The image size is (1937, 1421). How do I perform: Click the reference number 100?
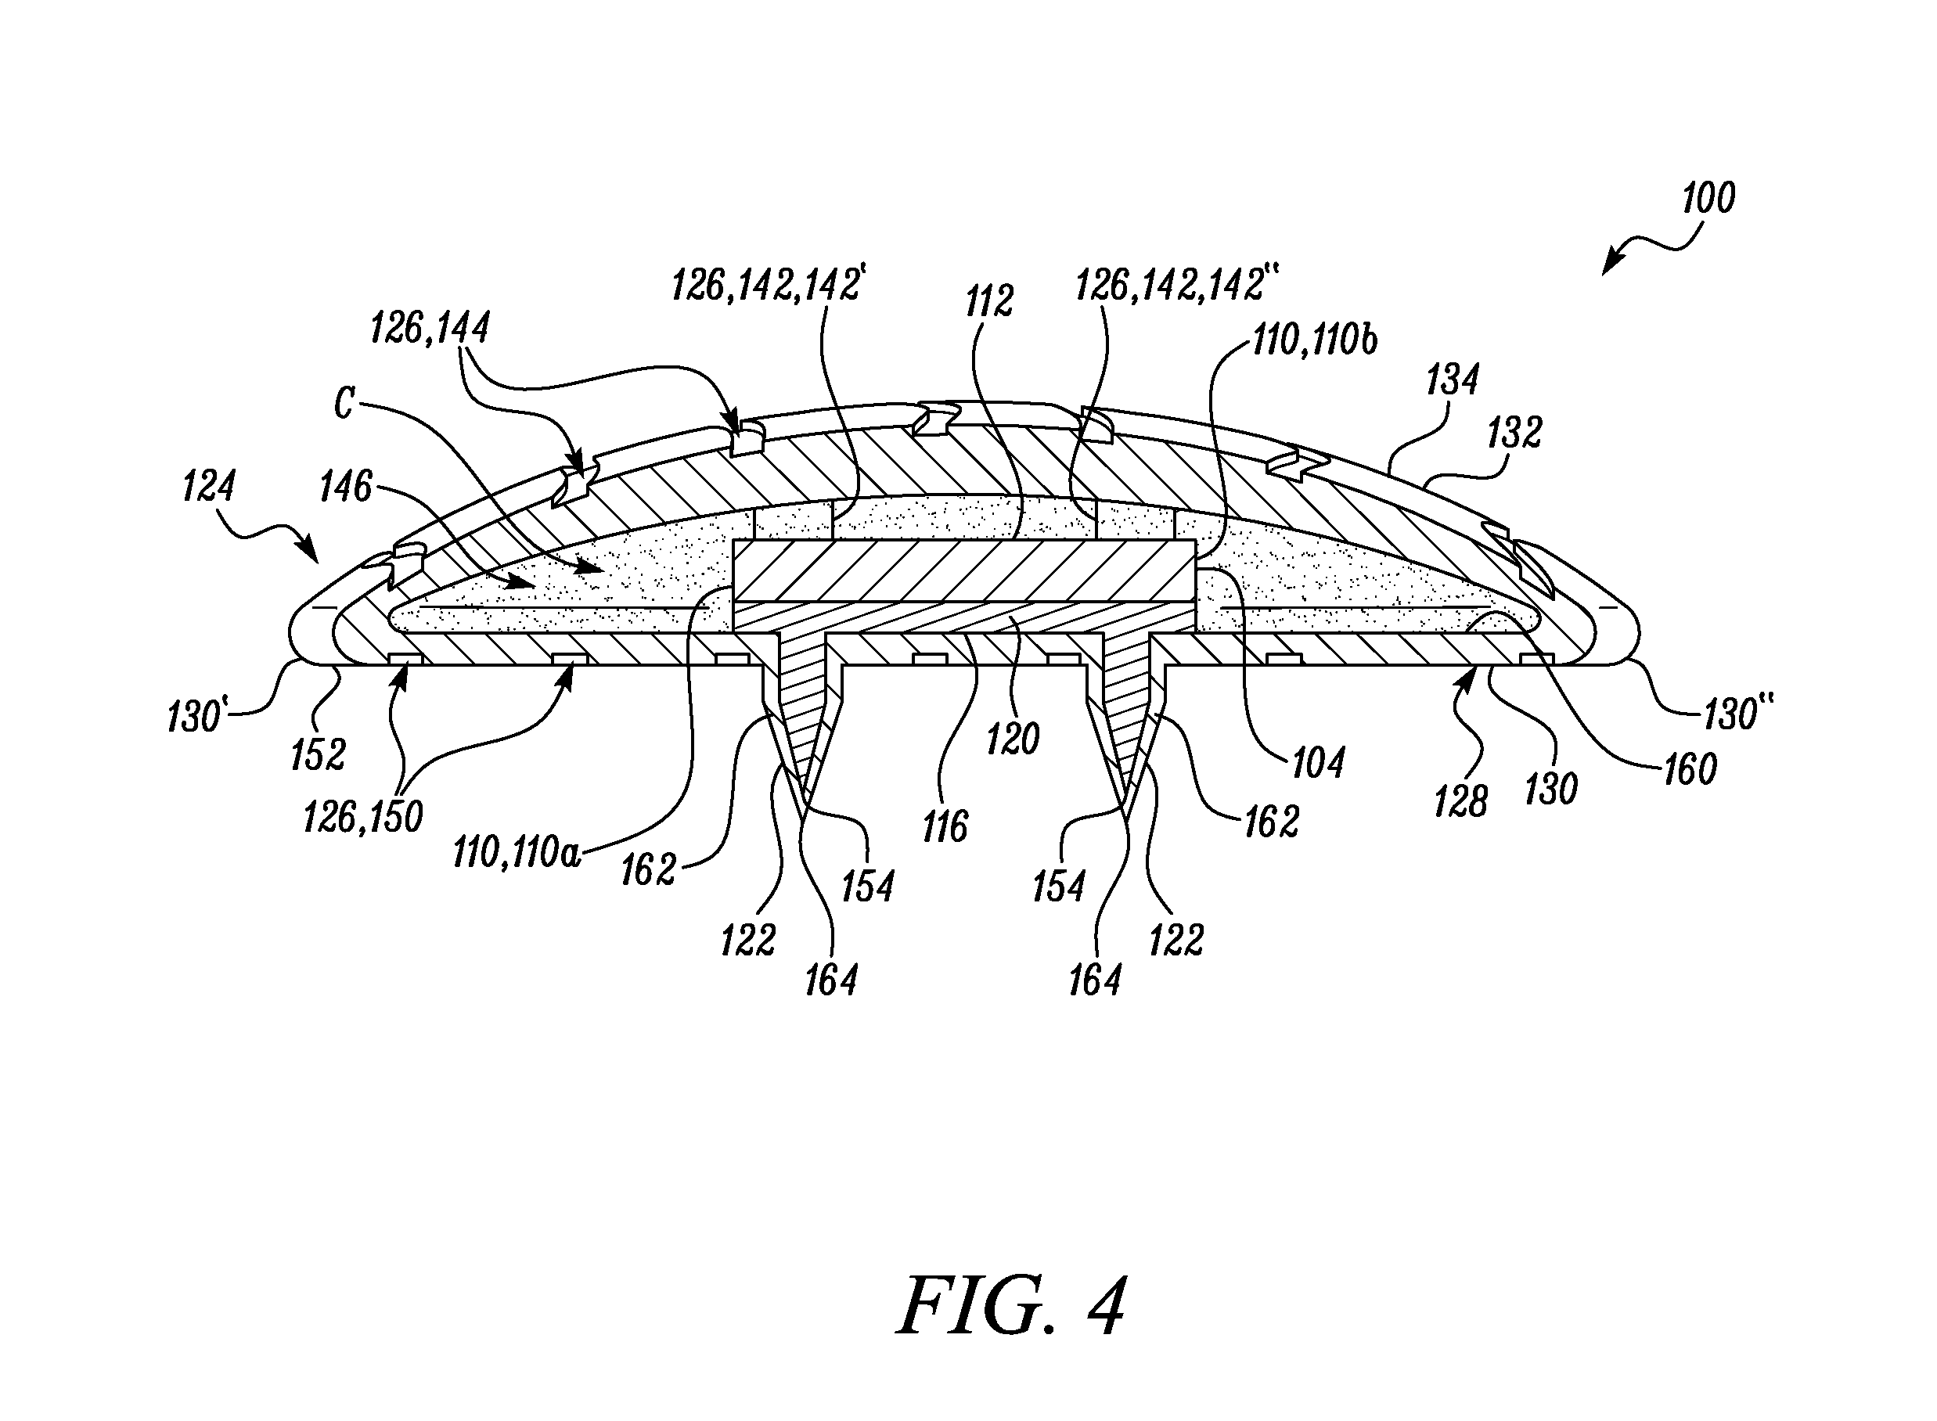coord(1708,198)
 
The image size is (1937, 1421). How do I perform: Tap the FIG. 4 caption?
coord(1011,1306)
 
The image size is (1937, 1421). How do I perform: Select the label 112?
coord(989,301)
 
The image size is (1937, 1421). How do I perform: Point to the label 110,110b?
coord(1314,340)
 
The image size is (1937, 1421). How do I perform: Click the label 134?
coord(1453,380)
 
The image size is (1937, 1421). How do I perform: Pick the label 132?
coord(1514,433)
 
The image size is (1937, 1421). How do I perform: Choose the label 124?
coord(209,487)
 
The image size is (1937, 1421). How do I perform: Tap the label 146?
coord(346,487)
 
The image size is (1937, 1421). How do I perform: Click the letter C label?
coord(344,404)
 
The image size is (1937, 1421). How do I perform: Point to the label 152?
coord(319,755)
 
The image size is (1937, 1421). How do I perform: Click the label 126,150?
coord(363,816)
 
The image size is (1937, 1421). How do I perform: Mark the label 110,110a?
coord(518,852)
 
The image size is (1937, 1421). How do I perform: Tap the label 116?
coord(945,826)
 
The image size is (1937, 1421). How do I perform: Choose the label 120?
coord(1014,739)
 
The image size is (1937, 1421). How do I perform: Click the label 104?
coord(1319,762)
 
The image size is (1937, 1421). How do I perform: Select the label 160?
coord(1691,770)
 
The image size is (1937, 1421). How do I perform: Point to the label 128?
coord(1460,802)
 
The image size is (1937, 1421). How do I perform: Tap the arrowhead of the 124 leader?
coord(310,551)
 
